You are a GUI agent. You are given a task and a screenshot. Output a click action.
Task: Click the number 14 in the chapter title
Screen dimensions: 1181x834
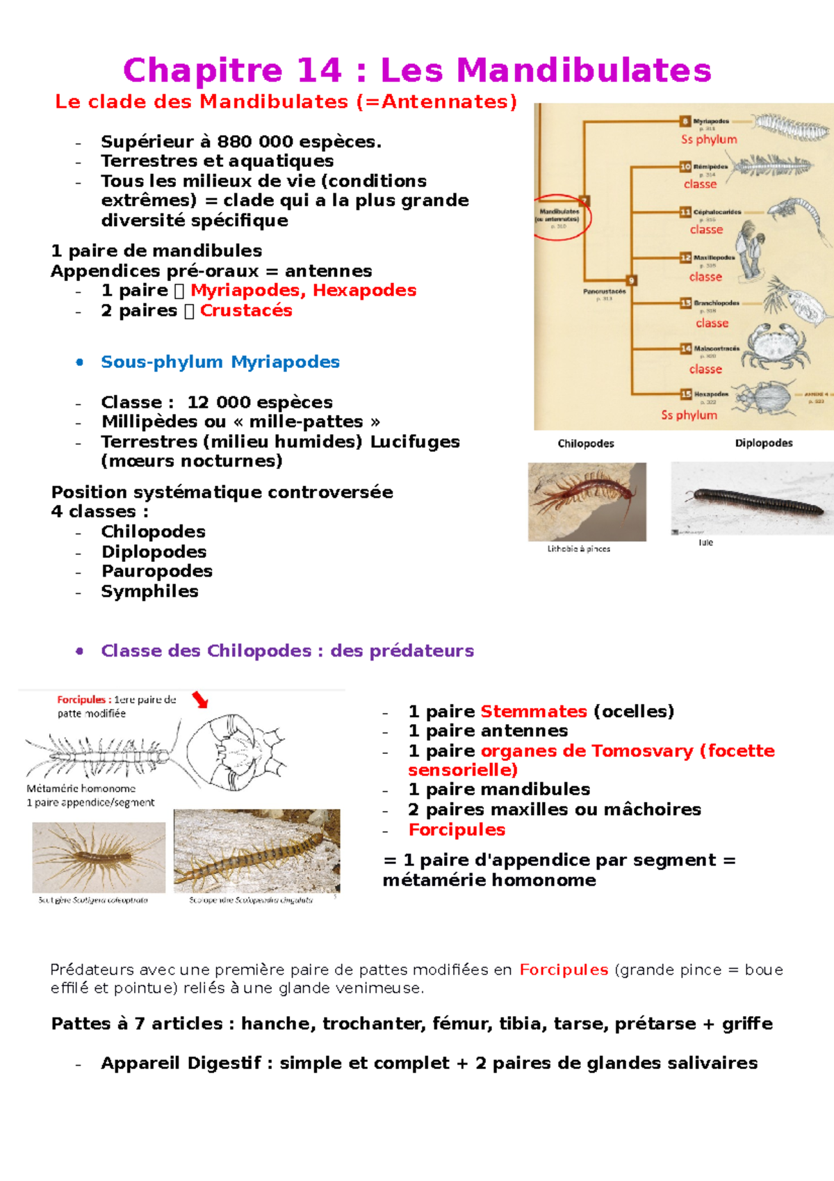(319, 71)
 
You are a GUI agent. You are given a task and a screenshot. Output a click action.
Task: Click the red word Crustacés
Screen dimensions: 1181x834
(246, 311)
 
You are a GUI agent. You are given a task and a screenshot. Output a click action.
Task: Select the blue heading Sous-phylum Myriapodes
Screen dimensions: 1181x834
(220, 362)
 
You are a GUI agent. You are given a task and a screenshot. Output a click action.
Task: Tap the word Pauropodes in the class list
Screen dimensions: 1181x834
(156, 572)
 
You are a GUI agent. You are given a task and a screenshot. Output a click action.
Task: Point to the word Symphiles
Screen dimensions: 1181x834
(149, 592)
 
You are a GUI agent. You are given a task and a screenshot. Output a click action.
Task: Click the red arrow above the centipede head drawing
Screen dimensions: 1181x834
(200, 699)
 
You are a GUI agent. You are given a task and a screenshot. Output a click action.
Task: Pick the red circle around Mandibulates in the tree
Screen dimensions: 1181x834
(562, 217)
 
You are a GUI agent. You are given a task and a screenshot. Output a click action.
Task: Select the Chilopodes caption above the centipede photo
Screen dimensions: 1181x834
(586, 444)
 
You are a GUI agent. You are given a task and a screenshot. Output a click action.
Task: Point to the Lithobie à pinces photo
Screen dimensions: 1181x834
(587, 501)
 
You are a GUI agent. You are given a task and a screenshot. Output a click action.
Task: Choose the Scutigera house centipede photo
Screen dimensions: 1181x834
(99, 857)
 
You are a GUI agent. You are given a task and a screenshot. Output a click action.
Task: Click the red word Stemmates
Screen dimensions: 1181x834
(533, 712)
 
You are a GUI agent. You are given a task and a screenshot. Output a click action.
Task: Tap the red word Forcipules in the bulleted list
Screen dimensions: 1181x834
(457, 830)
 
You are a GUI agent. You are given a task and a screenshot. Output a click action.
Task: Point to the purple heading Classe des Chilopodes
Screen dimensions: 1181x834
(287, 651)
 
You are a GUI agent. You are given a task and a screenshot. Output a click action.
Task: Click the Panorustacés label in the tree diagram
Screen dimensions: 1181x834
(604, 291)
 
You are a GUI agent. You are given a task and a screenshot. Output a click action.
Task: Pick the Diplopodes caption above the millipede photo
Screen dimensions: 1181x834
(764, 443)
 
